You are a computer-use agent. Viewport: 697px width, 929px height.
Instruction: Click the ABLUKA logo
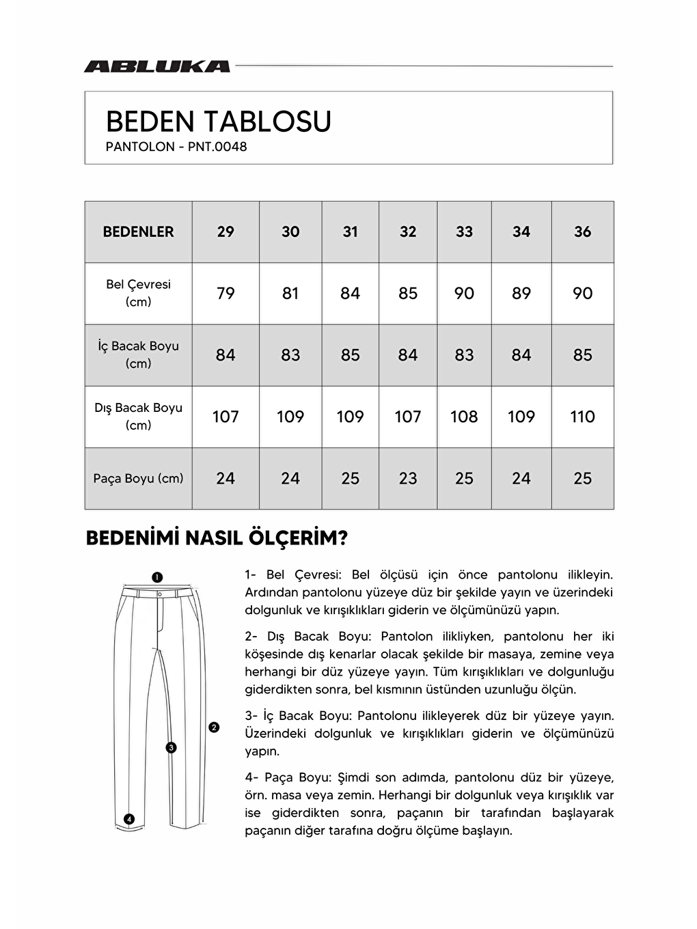[x=156, y=66]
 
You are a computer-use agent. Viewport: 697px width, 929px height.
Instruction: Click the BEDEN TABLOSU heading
[x=219, y=122]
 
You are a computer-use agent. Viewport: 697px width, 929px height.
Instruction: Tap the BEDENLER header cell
[x=138, y=232]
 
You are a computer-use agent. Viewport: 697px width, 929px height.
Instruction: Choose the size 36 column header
[x=582, y=232]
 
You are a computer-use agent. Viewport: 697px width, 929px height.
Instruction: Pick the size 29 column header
[x=225, y=232]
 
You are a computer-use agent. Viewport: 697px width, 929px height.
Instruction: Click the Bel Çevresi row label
[x=138, y=293]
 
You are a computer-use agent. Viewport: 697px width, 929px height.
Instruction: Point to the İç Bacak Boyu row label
[x=138, y=355]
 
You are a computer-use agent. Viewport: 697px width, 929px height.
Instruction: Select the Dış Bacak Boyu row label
[x=138, y=416]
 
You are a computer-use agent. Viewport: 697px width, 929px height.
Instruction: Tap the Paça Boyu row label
[x=138, y=478]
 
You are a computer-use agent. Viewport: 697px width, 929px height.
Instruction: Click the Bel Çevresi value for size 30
[x=290, y=293]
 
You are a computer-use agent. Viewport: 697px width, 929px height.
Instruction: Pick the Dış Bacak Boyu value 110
[x=582, y=416]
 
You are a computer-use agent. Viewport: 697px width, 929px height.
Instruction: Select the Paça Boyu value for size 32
[x=408, y=478]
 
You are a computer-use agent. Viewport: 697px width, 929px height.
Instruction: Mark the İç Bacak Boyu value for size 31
[x=350, y=355]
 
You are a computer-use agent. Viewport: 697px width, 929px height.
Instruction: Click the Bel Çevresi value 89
[x=521, y=293]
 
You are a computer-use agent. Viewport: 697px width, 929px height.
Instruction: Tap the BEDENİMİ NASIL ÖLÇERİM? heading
[x=217, y=538]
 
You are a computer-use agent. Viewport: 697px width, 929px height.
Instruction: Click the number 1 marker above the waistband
[x=156, y=577]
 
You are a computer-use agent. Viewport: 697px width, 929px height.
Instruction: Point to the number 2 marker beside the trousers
[x=214, y=727]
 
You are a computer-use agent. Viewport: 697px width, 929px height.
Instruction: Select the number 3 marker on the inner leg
[x=172, y=747]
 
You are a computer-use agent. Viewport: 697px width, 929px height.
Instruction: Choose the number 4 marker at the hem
[x=129, y=819]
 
